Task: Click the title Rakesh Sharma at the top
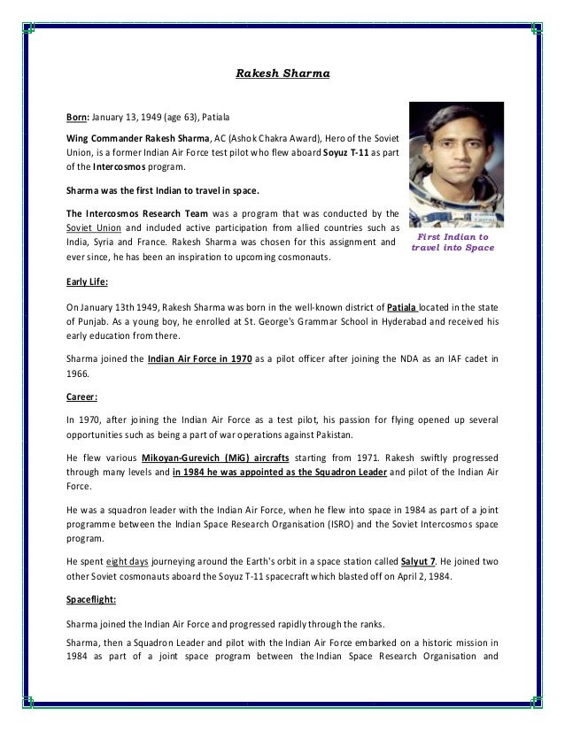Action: (x=282, y=75)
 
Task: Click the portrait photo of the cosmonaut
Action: (x=451, y=165)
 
